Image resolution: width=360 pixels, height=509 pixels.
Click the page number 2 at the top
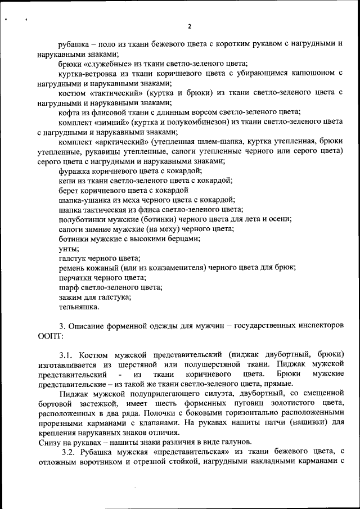[x=190, y=26]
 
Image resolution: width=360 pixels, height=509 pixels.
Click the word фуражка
[x=76, y=170]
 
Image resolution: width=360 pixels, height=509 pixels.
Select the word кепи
[x=67, y=180]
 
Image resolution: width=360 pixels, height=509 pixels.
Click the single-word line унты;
[x=69, y=248]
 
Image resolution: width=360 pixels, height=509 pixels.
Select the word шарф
[x=70, y=287]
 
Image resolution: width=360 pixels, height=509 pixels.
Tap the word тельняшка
[x=79, y=307]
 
